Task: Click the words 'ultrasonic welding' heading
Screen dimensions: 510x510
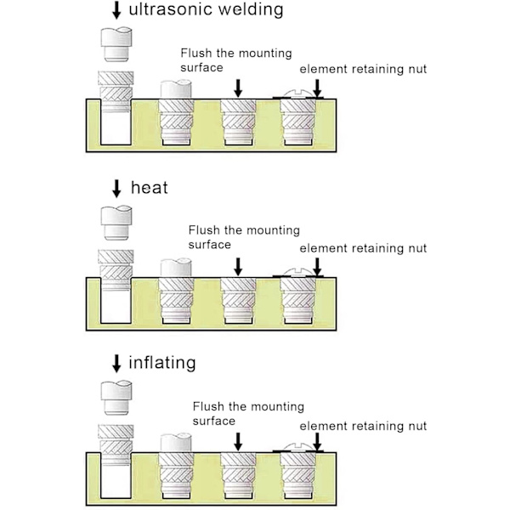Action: [x=205, y=11]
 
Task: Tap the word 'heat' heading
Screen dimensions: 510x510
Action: [x=149, y=187]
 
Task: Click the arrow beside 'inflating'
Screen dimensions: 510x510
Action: [x=116, y=364]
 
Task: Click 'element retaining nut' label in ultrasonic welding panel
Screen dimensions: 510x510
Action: [x=363, y=70]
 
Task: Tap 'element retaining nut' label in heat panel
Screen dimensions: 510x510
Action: [x=363, y=248]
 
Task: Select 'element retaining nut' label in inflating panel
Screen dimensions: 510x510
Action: [x=363, y=425]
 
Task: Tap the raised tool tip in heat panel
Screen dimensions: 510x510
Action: [x=115, y=220]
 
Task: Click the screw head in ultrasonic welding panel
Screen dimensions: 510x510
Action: [x=297, y=94]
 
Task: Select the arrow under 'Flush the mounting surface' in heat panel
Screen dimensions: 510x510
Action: [x=237, y=265]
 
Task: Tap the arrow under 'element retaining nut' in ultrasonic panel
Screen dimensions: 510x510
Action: [x=316, y=88]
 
